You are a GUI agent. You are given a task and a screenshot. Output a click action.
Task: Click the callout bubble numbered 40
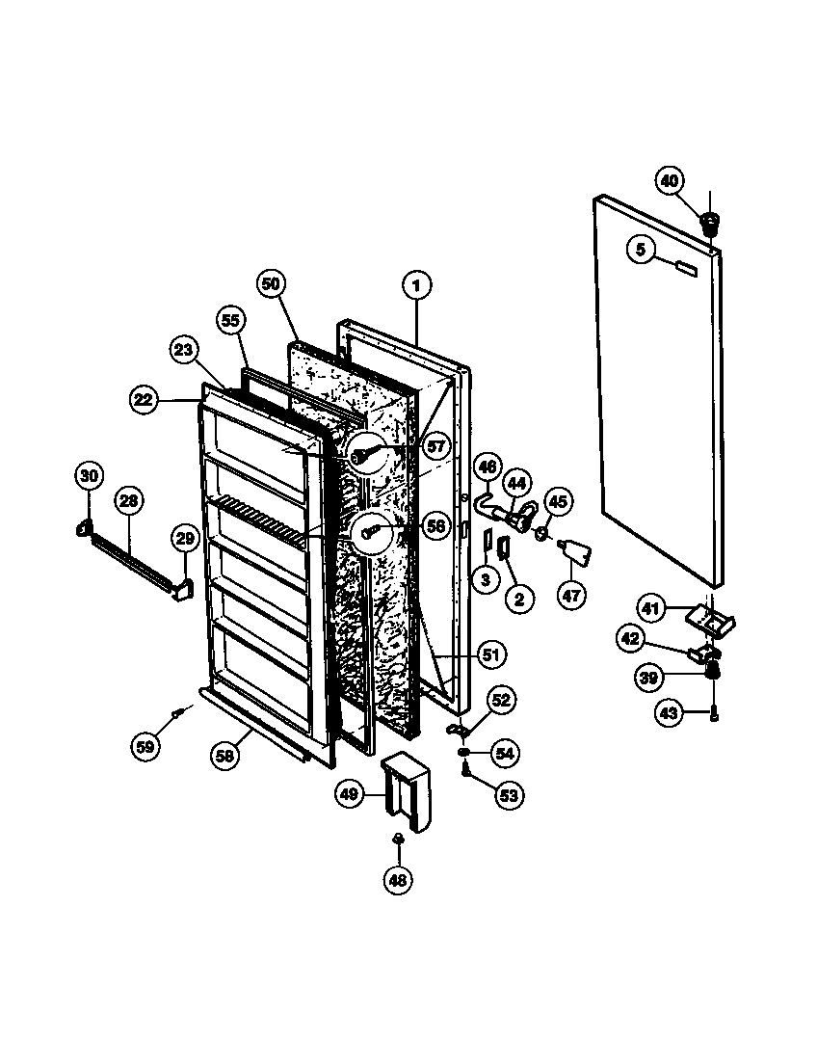[x=670, y=180]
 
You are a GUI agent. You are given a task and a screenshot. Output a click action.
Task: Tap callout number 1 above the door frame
[x=416, y=285]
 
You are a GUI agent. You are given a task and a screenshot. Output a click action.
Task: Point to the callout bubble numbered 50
[x=272, y=283]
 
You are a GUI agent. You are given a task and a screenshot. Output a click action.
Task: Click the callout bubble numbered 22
[x=144, y=400]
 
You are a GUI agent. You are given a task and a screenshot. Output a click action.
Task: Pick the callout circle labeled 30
[x=89, y=475]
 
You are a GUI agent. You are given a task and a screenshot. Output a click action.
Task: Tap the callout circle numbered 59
[x=145, y=744]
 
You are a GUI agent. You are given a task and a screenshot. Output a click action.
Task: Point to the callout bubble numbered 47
[x=571, y=595]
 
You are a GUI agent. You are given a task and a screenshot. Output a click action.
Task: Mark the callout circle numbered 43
[x=668, y=712]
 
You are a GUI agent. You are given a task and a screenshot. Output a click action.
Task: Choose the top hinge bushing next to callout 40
[x=709, y=225]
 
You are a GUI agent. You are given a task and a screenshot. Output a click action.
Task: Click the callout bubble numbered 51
[x=490, y=654]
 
